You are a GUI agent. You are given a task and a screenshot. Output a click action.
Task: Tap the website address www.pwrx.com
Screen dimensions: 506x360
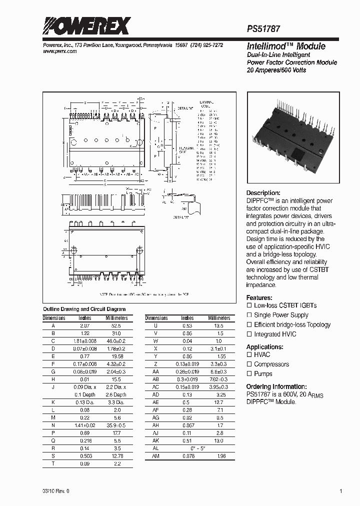(x=58, y=51)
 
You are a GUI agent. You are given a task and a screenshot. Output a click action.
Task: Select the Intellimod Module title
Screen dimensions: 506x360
(x=279, y=46)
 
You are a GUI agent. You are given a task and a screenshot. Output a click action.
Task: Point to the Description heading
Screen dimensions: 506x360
(x=263, y=193)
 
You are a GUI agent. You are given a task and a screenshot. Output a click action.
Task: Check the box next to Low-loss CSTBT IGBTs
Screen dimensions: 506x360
(x=249, y=305)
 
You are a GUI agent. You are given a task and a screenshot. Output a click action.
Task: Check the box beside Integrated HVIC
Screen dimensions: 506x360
(x=249, y=334)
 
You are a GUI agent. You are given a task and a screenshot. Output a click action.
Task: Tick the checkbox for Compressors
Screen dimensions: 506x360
(x=249, y=364)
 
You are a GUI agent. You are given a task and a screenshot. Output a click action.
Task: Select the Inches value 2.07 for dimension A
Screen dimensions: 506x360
(x=85, y=325)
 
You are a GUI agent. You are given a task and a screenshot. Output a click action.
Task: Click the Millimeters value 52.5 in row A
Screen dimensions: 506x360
(x=116, y=325)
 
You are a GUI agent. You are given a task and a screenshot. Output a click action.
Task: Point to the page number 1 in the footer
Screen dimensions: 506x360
(x=341, y=491)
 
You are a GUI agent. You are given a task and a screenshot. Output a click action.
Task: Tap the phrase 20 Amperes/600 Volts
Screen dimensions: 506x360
(x=276, y=70)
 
